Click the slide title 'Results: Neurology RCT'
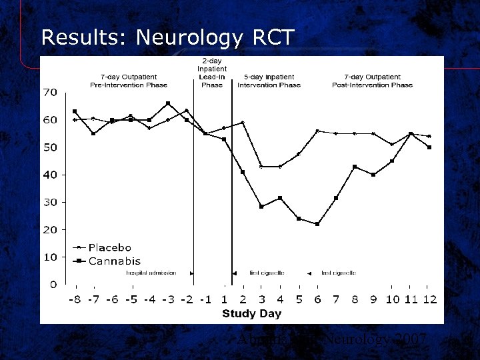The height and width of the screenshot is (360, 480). (x=167, y=37)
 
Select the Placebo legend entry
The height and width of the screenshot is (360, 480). (x=110, y=248)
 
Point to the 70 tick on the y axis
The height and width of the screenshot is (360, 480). (x=51, y=92)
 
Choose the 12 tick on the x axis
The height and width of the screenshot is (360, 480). (x=429, y=299)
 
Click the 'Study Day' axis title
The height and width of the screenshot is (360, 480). (x=251, y=313)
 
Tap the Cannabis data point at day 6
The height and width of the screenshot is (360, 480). (x=317, y=224)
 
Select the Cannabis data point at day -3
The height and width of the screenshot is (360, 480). (x=168, y=103)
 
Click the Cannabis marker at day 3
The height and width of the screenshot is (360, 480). (x=261, y=207)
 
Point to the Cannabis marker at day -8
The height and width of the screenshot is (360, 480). (x=75, y=111)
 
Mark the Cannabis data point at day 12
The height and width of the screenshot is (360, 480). (x=429, y=147)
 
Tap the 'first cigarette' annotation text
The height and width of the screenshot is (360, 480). (x=267, y=273)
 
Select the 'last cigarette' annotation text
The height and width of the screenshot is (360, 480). (x=338, y=273)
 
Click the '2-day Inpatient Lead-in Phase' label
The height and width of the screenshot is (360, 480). (x=212, y=73)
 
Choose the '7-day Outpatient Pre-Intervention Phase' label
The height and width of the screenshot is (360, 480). (x=129, y=81)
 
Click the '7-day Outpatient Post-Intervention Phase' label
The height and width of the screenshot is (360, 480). (x=372, y=81)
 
